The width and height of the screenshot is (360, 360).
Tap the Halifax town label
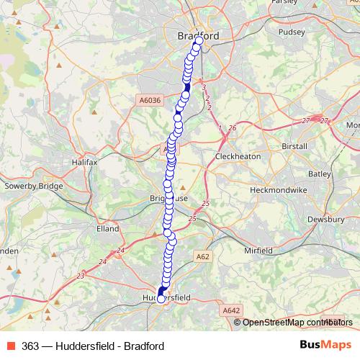pos(84,163)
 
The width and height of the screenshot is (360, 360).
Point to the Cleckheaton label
pos(238,156)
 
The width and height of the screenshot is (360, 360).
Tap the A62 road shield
pos(202,255)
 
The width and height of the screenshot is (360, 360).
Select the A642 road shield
pos(230,310)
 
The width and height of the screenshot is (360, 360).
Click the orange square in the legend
pos(9,346)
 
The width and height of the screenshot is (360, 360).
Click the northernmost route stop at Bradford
pos(198,41)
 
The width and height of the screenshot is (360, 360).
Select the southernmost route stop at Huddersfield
pos(161,299)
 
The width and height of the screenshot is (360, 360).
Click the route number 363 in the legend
pos(30,346)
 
